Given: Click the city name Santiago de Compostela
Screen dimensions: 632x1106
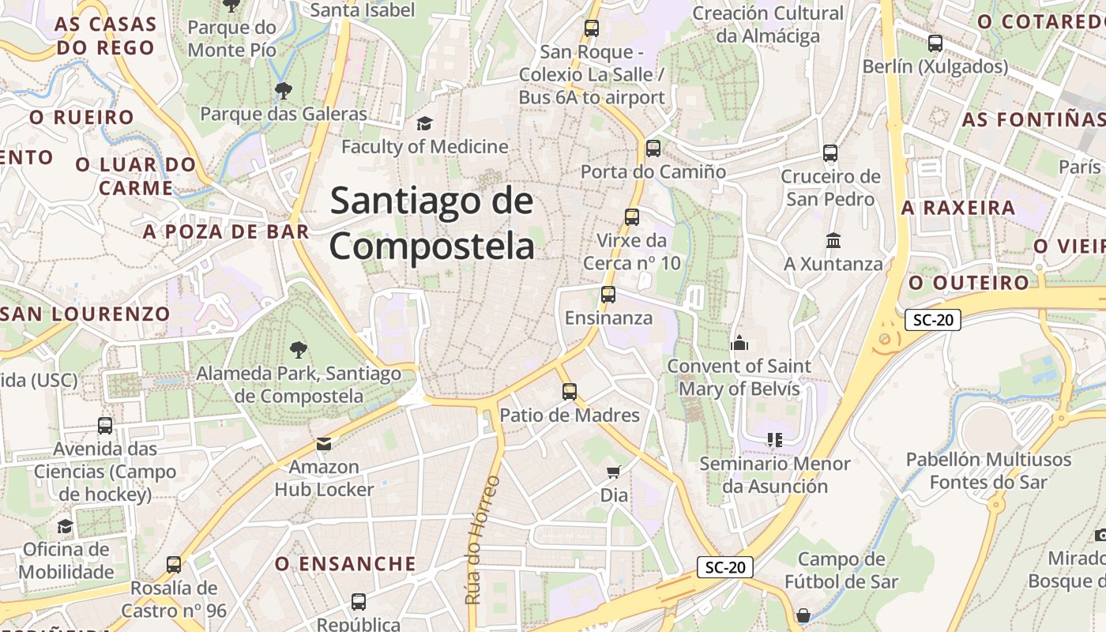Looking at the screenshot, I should (x=431, y=224).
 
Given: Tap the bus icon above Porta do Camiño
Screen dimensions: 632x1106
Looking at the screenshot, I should (x=653, y=149).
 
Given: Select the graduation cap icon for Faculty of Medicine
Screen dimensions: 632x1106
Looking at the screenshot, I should (x=425, y=123).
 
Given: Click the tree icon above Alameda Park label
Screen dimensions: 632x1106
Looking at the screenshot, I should (x=298, y=349).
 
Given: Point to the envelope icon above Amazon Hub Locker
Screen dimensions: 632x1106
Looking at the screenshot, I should (x=324, y=444).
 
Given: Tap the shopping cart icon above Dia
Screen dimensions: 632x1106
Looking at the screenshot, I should (x=614, y=472).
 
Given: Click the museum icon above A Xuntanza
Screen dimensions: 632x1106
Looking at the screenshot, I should (x=833, y=240).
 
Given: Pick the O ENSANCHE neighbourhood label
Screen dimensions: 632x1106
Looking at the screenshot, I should (x=345, y=564).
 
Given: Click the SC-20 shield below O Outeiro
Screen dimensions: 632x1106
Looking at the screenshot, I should (x=933, y=320).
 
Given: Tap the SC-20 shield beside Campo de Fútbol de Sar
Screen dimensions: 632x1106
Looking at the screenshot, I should (x=725, y=567).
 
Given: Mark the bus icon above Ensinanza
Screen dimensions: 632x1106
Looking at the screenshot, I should (x=608, y=295).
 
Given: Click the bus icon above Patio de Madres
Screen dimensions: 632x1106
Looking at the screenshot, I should (x=570, y=391).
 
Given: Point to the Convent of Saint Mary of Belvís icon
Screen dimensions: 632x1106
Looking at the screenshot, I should (x=739, y=343).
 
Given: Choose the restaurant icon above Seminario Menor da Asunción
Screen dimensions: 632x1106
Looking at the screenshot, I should (x=775, y=440).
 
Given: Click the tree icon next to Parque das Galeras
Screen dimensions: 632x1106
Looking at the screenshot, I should (x=283, y=91).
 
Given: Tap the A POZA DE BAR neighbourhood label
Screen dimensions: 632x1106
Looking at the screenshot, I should (x=226, y=231).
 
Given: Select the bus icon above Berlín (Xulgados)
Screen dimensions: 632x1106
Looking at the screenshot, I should (x=935, y=43).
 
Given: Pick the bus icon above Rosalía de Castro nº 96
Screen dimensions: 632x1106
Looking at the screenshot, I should (x=174, y=565).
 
